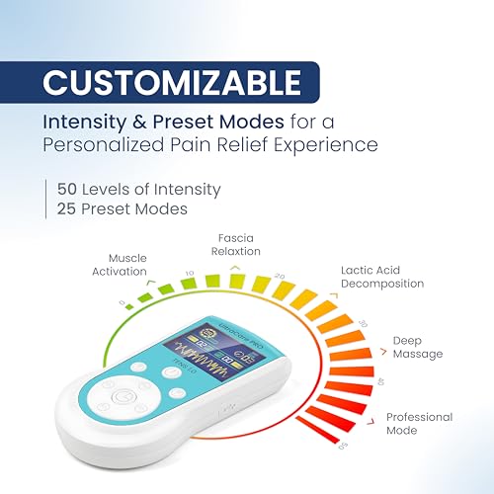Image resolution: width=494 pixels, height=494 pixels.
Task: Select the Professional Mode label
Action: coord(419,423)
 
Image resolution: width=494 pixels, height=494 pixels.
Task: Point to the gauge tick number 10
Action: coord(190,273)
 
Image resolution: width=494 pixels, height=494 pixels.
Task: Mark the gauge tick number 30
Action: coord(362,322)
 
